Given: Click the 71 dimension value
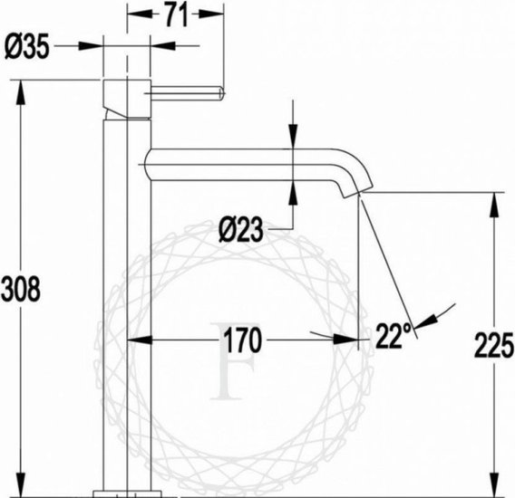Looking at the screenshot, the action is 177,14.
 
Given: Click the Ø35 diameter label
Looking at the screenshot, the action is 27,46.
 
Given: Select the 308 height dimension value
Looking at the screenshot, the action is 21,289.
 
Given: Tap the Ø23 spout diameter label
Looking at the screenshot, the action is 241,229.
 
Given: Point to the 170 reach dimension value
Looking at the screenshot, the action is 242,340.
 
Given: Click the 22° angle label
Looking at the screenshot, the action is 394,336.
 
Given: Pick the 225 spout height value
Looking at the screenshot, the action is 493,345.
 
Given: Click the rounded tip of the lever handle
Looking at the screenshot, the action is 221,93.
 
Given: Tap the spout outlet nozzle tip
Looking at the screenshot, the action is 357,192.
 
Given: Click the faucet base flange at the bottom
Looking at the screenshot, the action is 128,494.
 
